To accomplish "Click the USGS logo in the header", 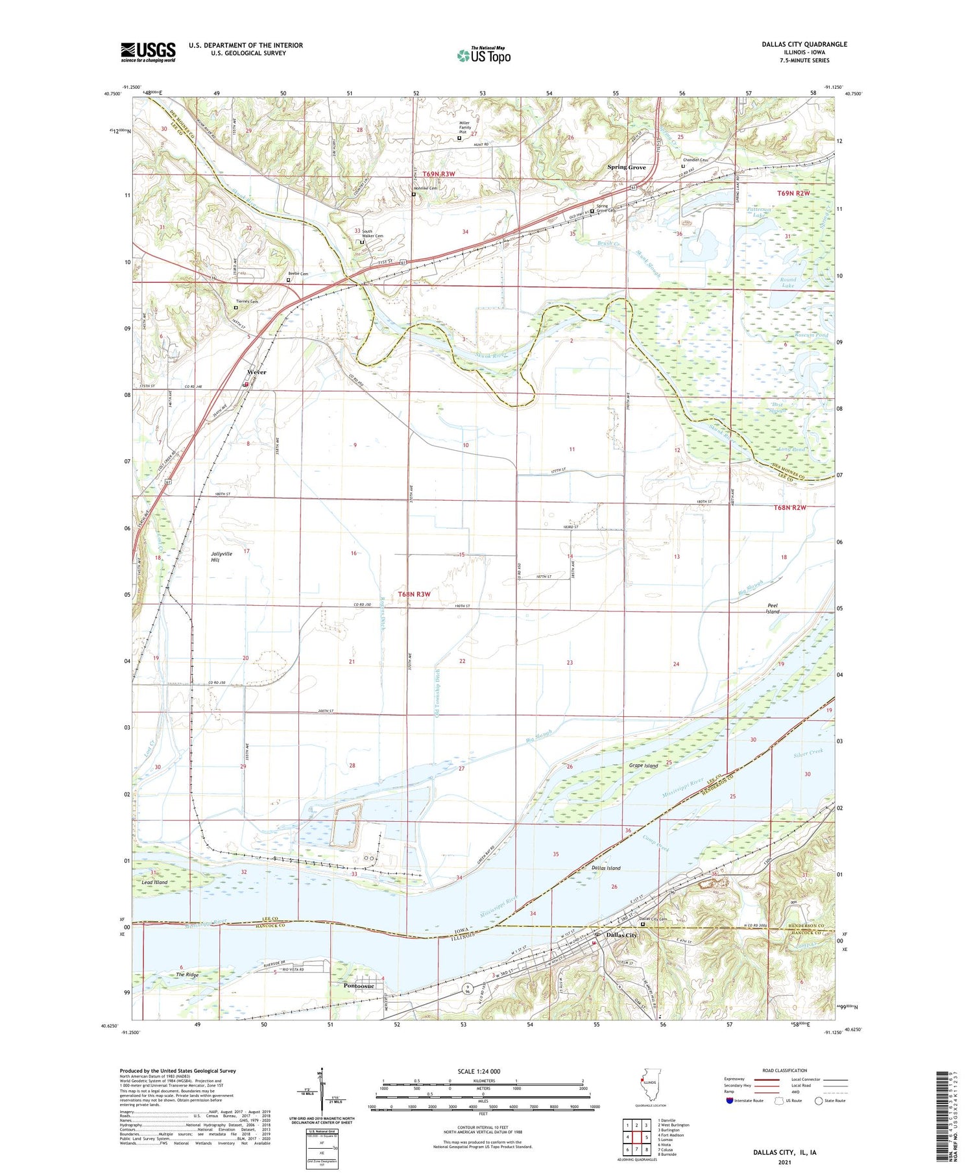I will [148, 52].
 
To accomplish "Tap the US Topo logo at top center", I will [483, 55].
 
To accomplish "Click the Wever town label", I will [256, 373].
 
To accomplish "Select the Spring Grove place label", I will [626, 167].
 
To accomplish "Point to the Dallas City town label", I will [621, 935].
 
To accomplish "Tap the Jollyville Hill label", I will [221, 557].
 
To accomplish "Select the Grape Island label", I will [643, 765].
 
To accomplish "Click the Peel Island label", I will [772, 608].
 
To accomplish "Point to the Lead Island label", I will [154, 882].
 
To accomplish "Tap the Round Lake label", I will [787, 283].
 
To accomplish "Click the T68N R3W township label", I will [414, 594].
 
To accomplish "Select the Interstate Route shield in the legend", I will [729, 1101].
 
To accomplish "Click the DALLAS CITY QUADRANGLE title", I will [804, 44].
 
